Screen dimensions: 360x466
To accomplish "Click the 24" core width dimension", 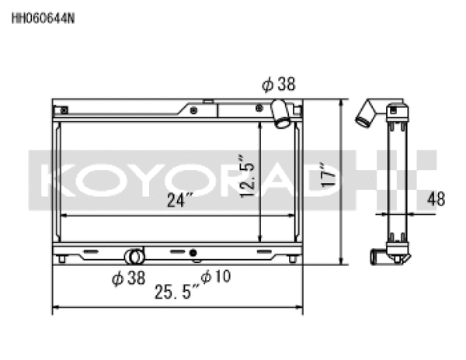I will pyautogui.click(x=178, y=201).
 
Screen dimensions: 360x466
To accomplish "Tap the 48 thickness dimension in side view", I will pyautogui.click(x=436, y=199).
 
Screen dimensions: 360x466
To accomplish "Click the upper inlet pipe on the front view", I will pyautogui.click(x=281, y=115).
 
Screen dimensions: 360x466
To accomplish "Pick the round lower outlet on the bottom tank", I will pyautogui.click(x=135, y=256).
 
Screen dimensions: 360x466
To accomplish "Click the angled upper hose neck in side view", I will pyautogui.click(x=367, y=114).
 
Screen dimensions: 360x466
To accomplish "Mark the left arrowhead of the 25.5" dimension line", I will pyautogui.click(x=54, y=310).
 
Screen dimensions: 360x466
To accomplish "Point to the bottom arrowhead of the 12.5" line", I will pyautogui.click(x=259, y=237).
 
